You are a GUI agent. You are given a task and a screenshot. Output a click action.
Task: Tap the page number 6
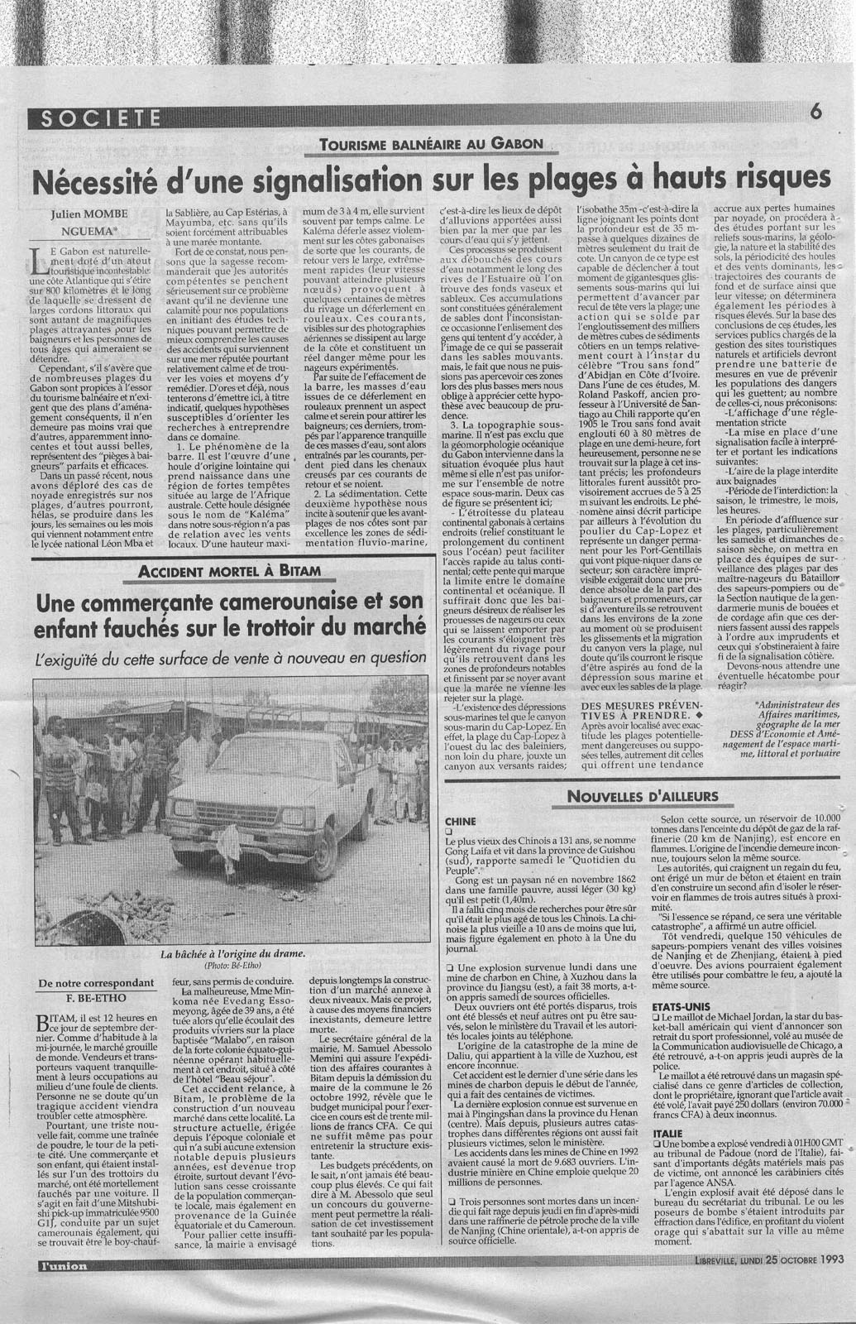(815, 114)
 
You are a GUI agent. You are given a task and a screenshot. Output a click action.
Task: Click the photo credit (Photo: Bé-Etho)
(235, 965)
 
